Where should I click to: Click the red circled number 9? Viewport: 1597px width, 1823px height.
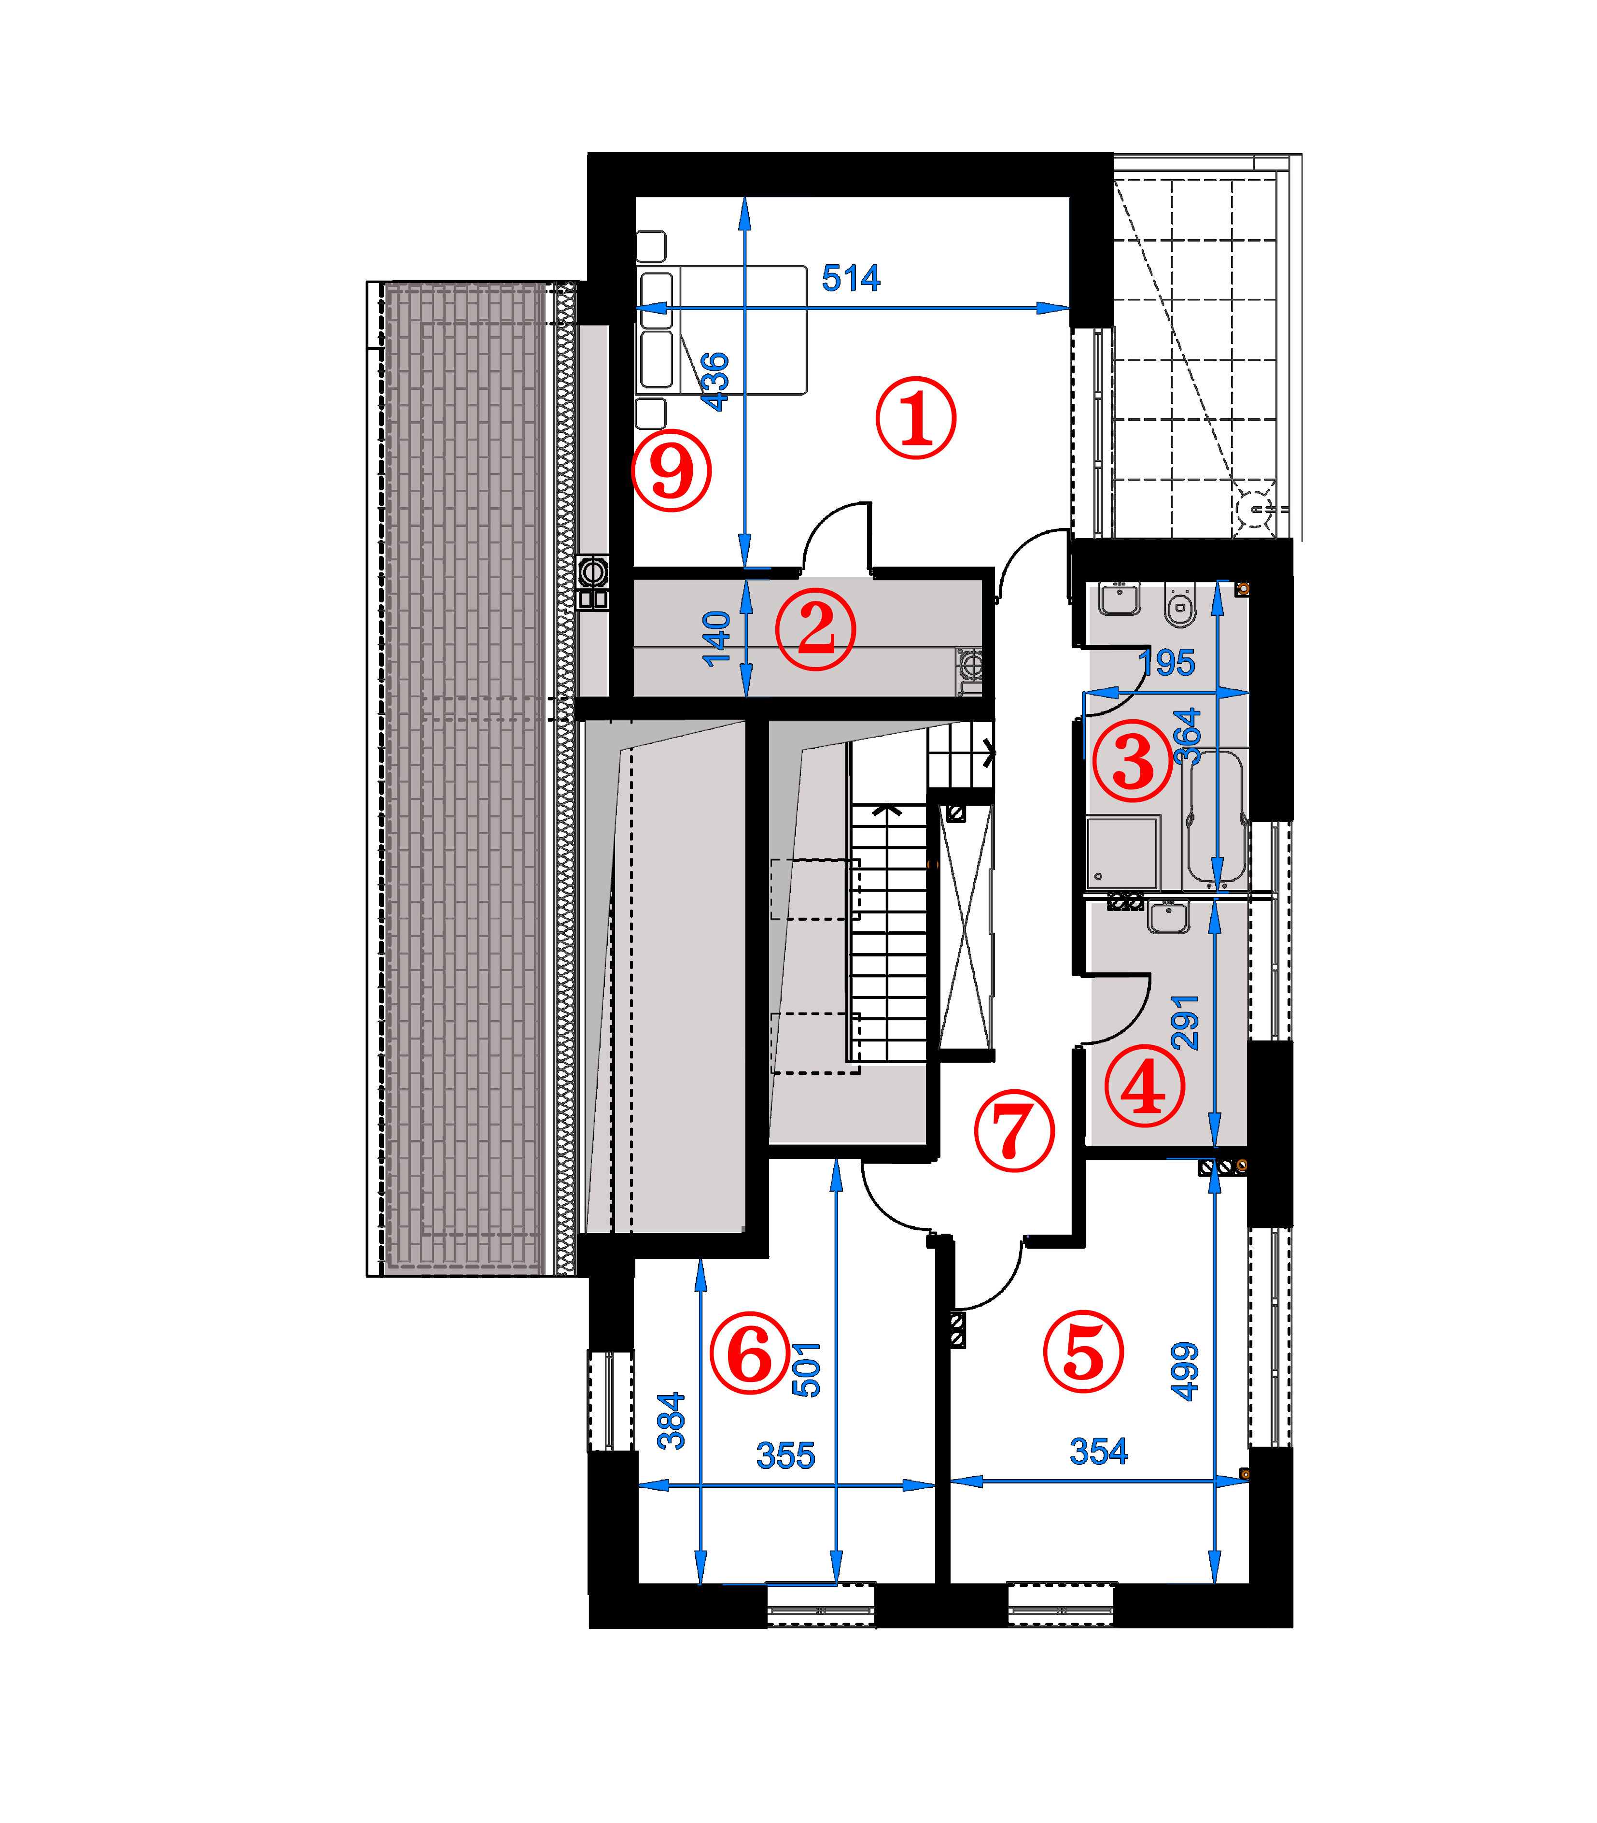coord(671,470)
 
